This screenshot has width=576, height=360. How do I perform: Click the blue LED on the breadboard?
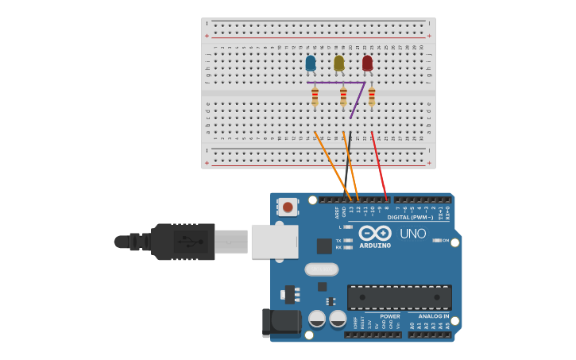pos(310,63)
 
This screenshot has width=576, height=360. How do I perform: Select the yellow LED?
pos(338,63)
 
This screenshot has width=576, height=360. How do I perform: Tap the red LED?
pos(367,63)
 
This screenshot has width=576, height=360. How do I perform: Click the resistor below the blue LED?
pos(315,97)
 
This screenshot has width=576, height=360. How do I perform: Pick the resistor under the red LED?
pos(371,97)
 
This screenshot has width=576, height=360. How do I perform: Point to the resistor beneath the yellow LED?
pos(343,97)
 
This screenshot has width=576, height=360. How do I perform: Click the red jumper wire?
pos(379,167)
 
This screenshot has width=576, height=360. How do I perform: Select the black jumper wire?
pos(348,163)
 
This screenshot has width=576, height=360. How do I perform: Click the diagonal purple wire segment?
pos(358,101)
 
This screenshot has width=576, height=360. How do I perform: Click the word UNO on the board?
pos(412,234)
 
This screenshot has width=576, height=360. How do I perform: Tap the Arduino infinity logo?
pos(374,233)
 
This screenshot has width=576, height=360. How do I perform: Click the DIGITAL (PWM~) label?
pos(410,217)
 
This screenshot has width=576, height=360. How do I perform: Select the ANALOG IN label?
pos(434,316)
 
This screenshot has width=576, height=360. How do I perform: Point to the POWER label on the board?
pos(389,316)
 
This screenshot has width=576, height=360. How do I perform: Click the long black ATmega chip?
pos(400,297)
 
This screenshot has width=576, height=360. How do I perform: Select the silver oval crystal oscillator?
pos(321,269)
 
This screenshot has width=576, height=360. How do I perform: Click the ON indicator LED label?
pos(445,240)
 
